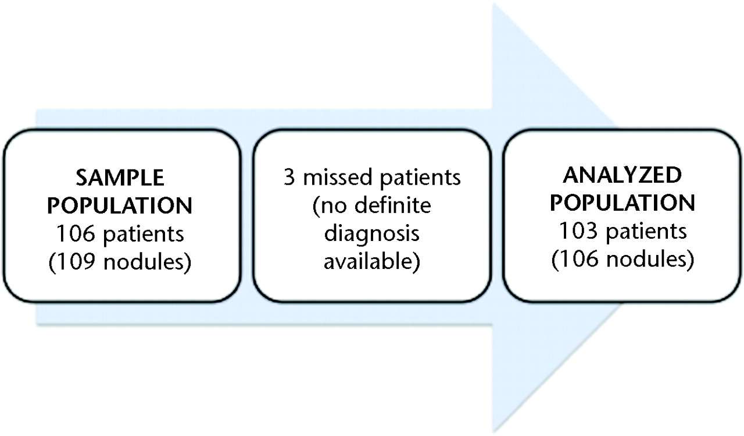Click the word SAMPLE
120,178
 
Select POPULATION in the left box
120,205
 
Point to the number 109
76,261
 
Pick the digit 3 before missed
289,177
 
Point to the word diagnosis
372,234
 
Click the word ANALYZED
623,175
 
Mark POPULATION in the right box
623,203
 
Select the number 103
579,231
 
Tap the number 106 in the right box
579,258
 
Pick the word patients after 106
144,235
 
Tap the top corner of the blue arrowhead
493,4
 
